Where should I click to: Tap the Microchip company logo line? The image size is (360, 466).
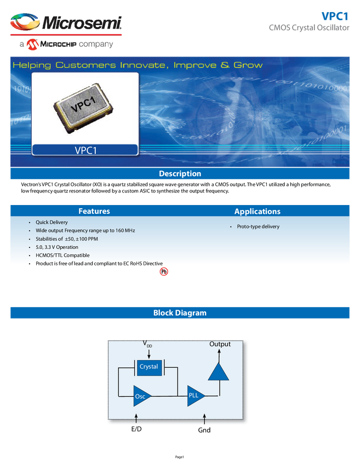pyautogui.click(x=66, y=44)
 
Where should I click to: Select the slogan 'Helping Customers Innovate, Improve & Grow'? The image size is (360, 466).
pyautogui.click(x=138, y=65)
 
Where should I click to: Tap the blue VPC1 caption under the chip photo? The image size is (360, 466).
pyautogui.click(x=85, y=150)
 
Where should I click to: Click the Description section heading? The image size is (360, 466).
pyautogui.click(x=180, y=174)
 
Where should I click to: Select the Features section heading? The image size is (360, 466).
pyautogui.click(x=94, y=211)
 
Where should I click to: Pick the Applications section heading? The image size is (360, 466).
pyautogui.click(x=257, y=211)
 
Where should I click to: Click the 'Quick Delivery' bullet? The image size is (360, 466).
pyautogui.click(x=52, y=222)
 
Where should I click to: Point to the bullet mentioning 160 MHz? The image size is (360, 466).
pyautogui.click(x=85, y=230)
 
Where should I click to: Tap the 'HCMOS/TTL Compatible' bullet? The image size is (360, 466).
pyautogui.click(x=62, y=255)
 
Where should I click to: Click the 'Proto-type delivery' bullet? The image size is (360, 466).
pyautogui.click(x=258, y=226)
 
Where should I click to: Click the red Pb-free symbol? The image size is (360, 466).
pyautogui.click(x=163, y=271)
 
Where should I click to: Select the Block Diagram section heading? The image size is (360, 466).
pyautogui.click(x=180, y=313)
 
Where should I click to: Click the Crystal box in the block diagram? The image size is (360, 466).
pyautogui.click(x=148, y=367)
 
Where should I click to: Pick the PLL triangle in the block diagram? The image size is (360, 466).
pyautogui.click(x=195, y=395)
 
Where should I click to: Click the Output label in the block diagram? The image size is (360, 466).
pyautogui.click(x=220, y=344)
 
